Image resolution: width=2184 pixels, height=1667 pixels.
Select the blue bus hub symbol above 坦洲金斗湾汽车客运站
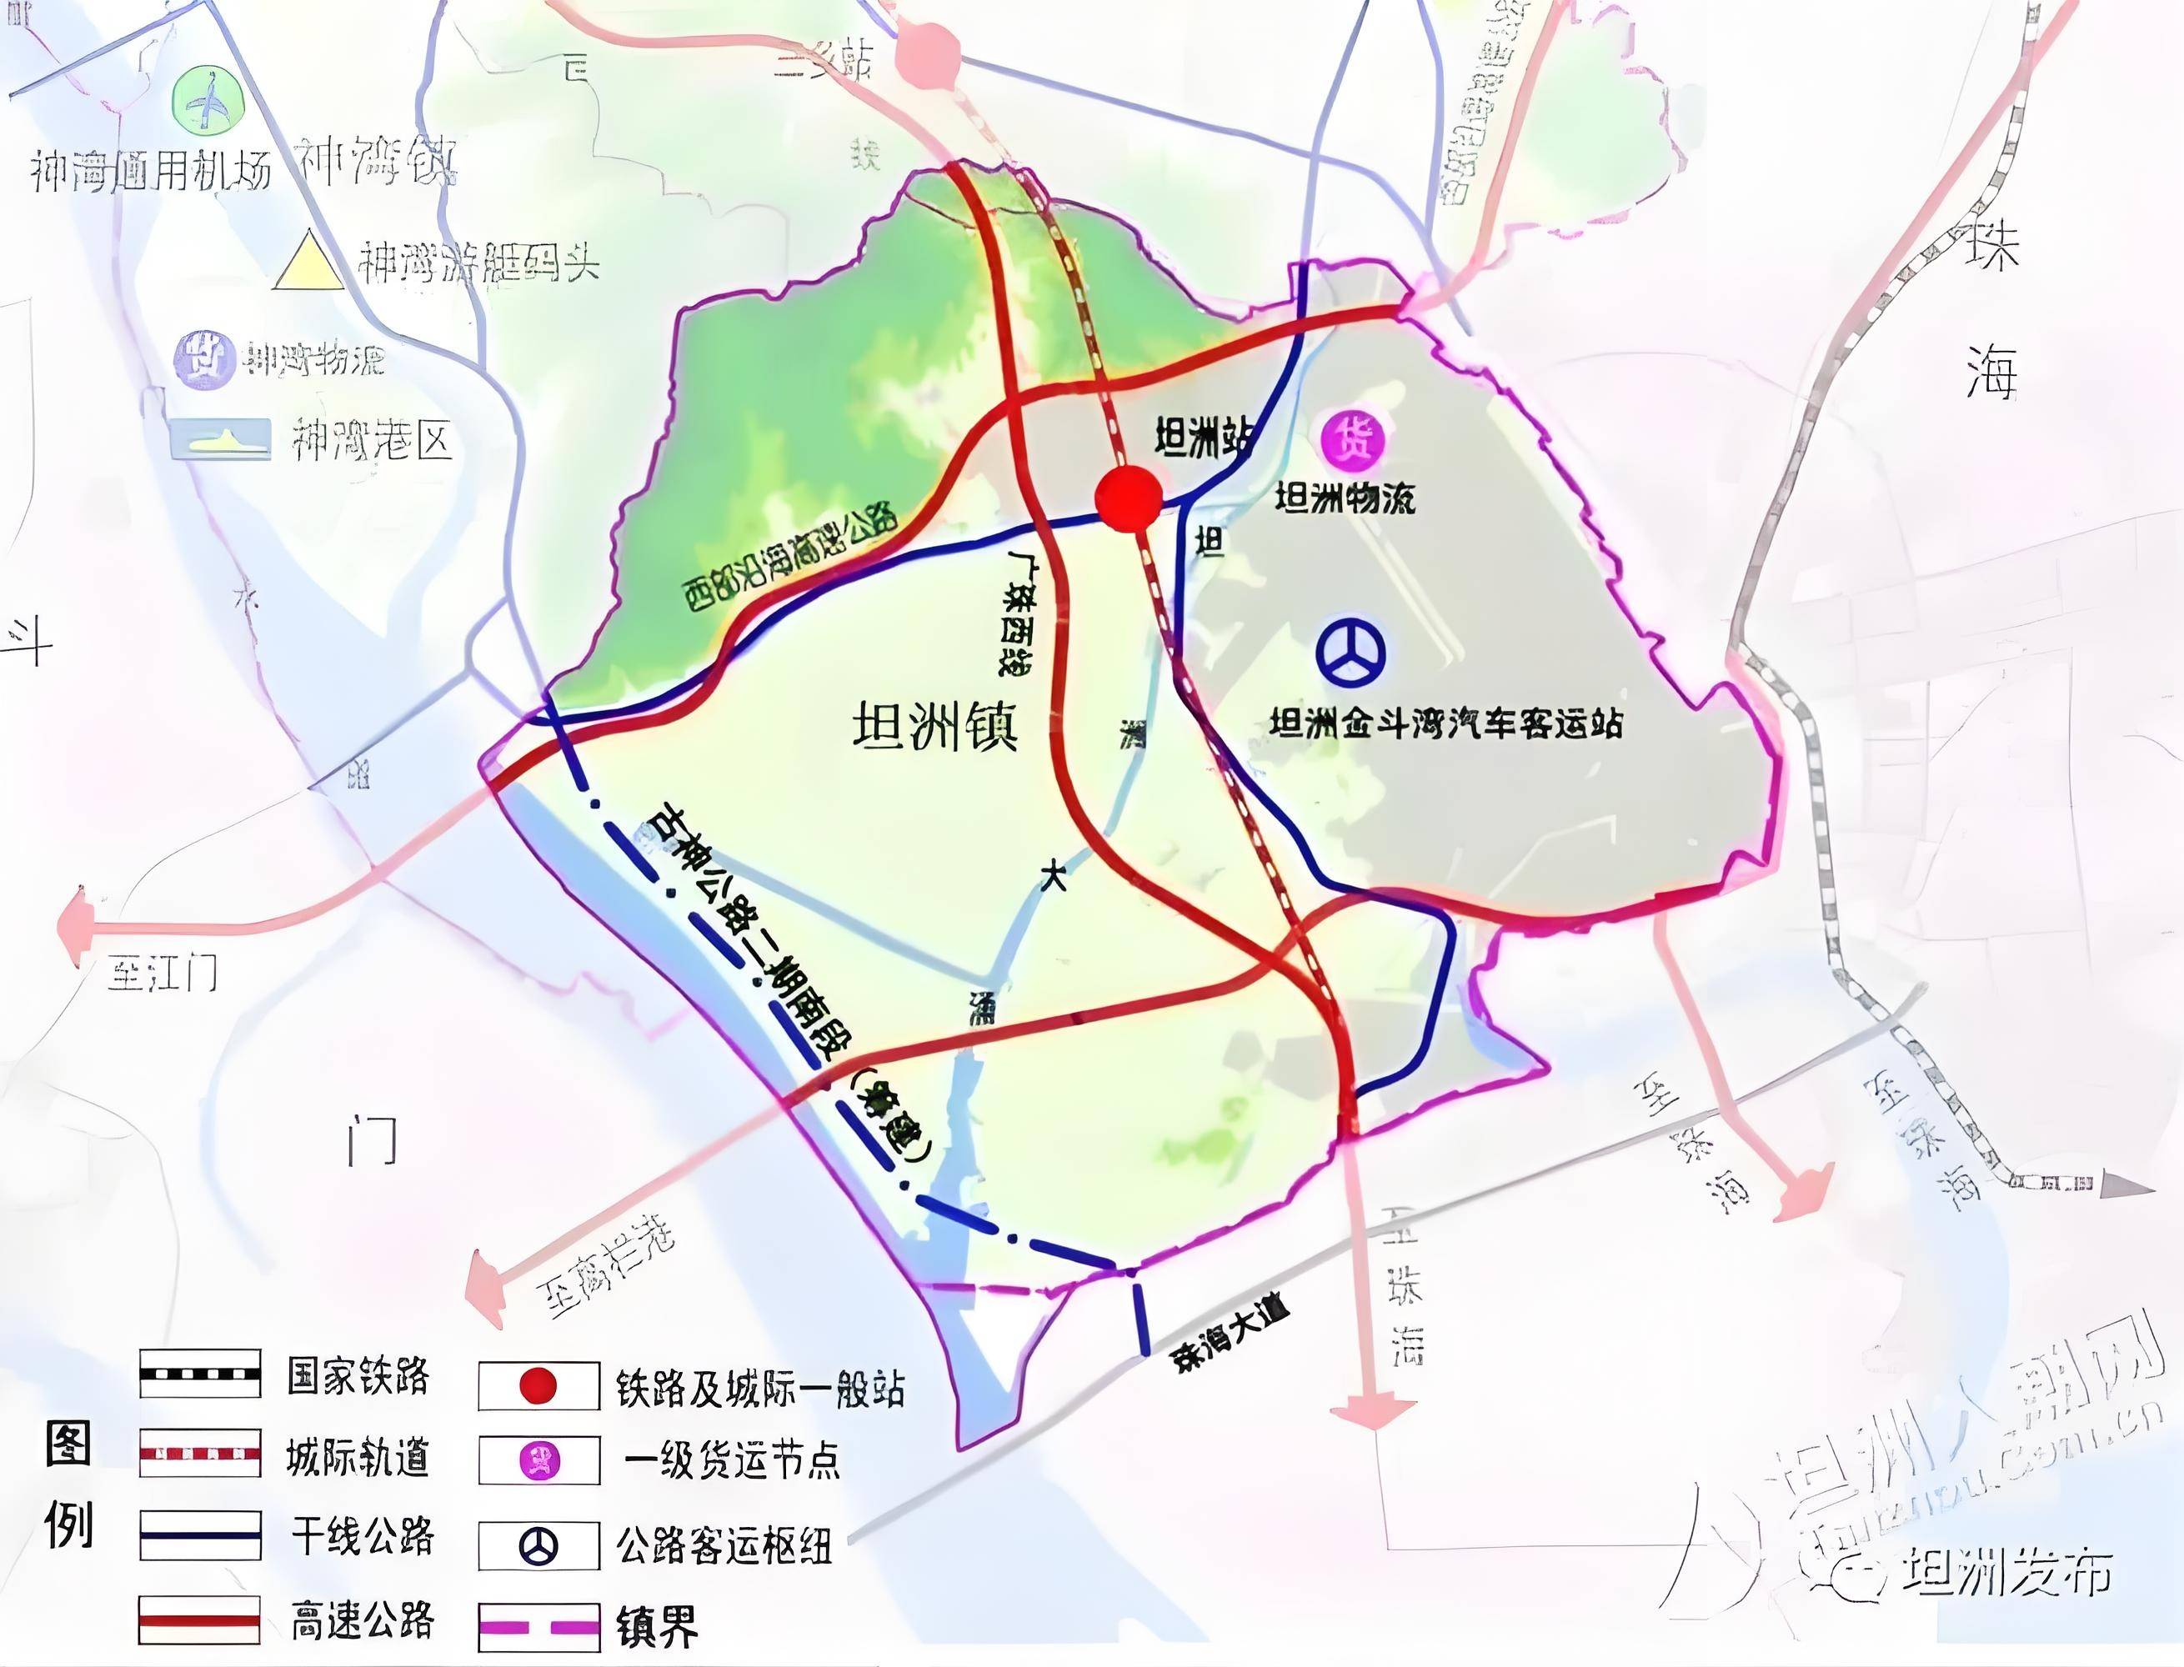pyautogui.click(x=1350, y=651)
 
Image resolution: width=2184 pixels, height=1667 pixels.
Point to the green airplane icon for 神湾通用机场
pyautogui.click(x=208, y=100)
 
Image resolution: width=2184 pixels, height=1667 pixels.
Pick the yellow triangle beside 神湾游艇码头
pyautogui.click(x=311, y=261)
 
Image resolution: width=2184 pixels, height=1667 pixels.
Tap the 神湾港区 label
pyautogui.click(x=372, y=439)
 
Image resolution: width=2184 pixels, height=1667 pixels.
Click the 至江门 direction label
pyautogui.click(x=162, y=974)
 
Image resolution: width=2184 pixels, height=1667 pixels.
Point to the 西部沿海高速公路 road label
pyautogui.click(x=791, y=558)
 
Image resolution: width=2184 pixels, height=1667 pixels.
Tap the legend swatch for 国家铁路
pyautogui.click(x=199, y=1374)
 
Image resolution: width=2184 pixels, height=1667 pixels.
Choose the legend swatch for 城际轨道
pyautogui.click(x=199, y=1454)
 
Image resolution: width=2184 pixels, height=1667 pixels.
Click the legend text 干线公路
pyautogui.click(x=362, y=1535)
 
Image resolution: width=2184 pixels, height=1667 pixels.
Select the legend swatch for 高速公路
pyautogui.click(x=199, y=1619)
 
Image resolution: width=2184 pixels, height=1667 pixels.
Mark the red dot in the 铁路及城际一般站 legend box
pyautogui.click(x=538, y=1386)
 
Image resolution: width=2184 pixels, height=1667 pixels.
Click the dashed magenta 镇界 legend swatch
pyautogui.click(x=538, y=1626)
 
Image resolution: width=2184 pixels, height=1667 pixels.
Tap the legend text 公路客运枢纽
pyautogui.click(x=724, y=1545)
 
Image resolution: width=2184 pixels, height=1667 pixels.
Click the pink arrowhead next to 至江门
pyautogui.click(x=74, y=927)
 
